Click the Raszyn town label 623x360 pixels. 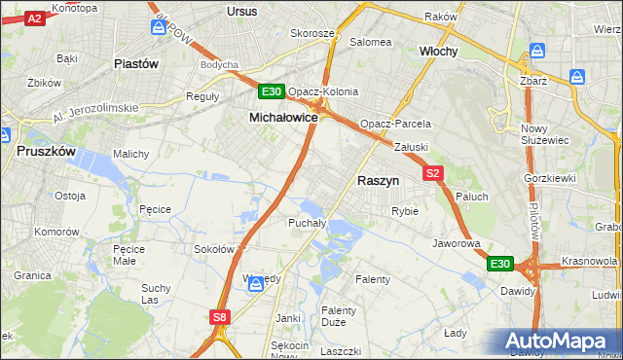pyautogui.click(x=379, y=181)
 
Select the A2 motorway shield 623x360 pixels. pyautogui.click(x=34, y=18)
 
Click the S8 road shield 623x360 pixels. pyautogui.click(x=221, y=317)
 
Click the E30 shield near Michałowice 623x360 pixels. pyautogui.click(x=272, y=92)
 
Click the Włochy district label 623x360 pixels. pyautogui.click(x=438, y=51)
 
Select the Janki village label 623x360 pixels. pyautogui.click(x=287, y=318)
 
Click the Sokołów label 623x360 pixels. pyautogui.click(x=214, y=249)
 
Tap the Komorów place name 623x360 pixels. pyautogui.click(x=55, y=233)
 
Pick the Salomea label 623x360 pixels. pyautogui.click(x=371, y=42)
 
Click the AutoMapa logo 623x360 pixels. pyautogui.click(x=560, y=342)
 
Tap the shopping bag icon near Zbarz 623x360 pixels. pyautogui.click(x=579, y=77)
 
